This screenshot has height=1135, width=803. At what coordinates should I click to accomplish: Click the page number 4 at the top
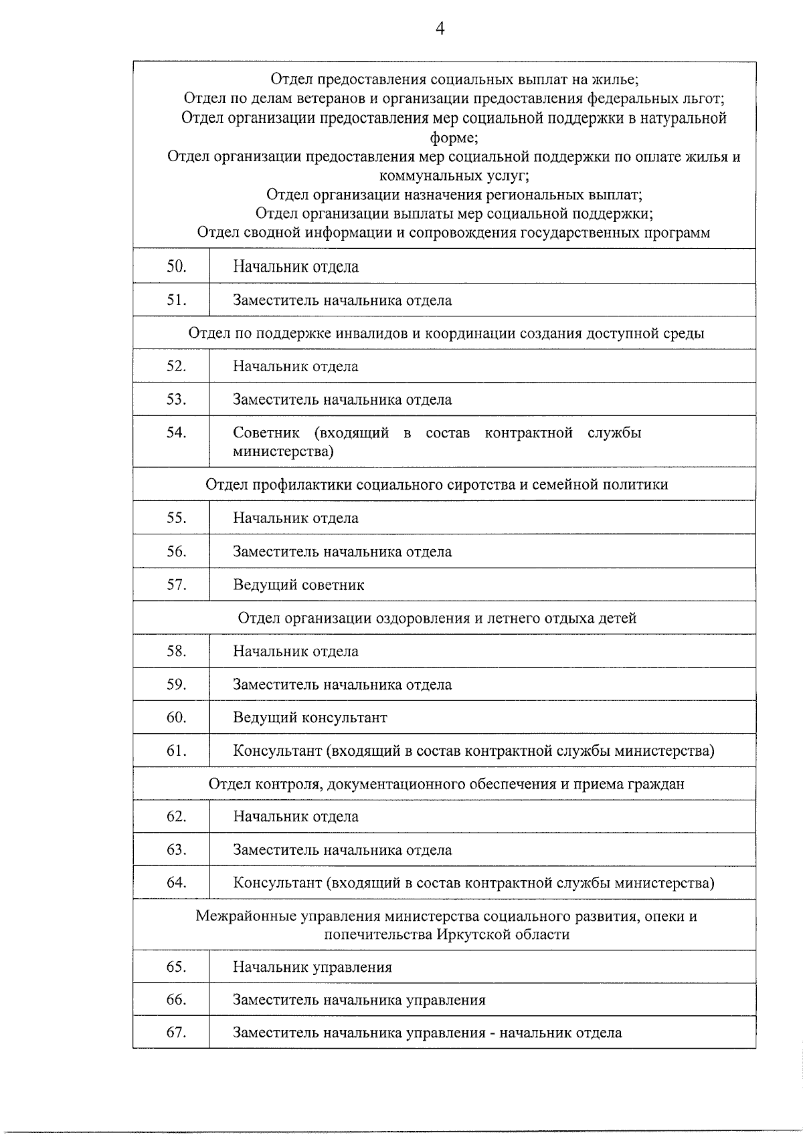coord(440,29)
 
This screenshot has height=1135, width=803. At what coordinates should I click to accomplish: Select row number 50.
coord(176,266)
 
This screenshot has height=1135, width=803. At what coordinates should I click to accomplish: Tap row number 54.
coord(176,433)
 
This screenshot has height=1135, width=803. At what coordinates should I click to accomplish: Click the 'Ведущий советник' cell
coord(298,585)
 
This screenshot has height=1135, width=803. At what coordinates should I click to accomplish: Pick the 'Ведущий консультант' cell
coord(310,718)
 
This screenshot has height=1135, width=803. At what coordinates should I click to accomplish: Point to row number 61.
coord(176,750)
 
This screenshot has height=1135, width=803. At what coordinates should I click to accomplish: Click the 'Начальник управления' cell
coord(312,967)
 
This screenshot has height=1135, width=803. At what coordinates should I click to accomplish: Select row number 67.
coord(176,1033)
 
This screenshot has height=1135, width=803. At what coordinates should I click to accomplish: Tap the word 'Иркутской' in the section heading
coord(468,934)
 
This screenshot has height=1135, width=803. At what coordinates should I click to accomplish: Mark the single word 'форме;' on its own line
coord(453,138)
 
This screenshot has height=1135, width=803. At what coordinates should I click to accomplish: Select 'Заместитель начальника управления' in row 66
coord(359,1001)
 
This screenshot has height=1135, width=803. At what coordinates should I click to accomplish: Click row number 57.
coord(176,585)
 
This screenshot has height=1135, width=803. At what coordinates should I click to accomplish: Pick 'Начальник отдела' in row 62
coord(295,817)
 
